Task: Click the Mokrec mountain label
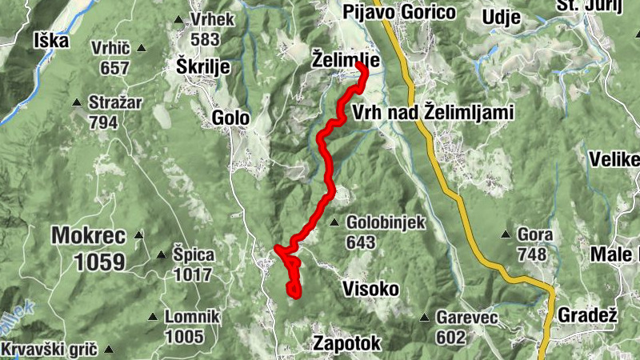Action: tap(89, 235)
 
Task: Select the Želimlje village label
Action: tap(345, 58)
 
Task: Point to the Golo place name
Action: tap(231, 118)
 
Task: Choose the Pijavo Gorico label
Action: tap(398, 12)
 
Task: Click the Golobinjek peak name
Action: tap(387, 222)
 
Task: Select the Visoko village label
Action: tap(370, 288)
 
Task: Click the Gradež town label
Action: tap(588, 314)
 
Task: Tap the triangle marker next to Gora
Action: tap(505, 235)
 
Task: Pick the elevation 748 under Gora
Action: tap(532, 254)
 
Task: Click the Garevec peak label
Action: tap(467, 318)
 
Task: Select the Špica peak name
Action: tap(194, 255)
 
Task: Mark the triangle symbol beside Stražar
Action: tap(77, 102)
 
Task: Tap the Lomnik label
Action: tap(192, 317)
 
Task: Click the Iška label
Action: tap(52, 40)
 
